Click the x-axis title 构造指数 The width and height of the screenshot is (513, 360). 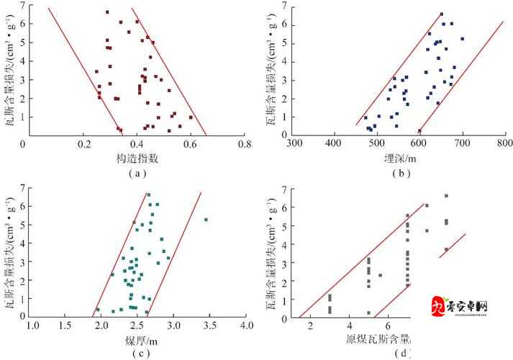[136, 158]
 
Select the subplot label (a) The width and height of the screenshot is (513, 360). [137, 174]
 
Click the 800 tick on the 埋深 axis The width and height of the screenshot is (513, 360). [502, 145]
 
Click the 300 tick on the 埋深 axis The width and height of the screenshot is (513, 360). [294, 145]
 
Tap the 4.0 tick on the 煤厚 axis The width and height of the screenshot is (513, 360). [246, 326]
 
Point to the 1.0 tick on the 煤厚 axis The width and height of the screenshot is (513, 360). [33, 326]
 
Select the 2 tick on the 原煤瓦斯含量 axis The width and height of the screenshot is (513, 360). [310, 328]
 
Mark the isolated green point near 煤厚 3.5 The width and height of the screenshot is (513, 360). [206, 220]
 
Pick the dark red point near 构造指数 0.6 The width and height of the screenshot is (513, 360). [191, 117]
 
